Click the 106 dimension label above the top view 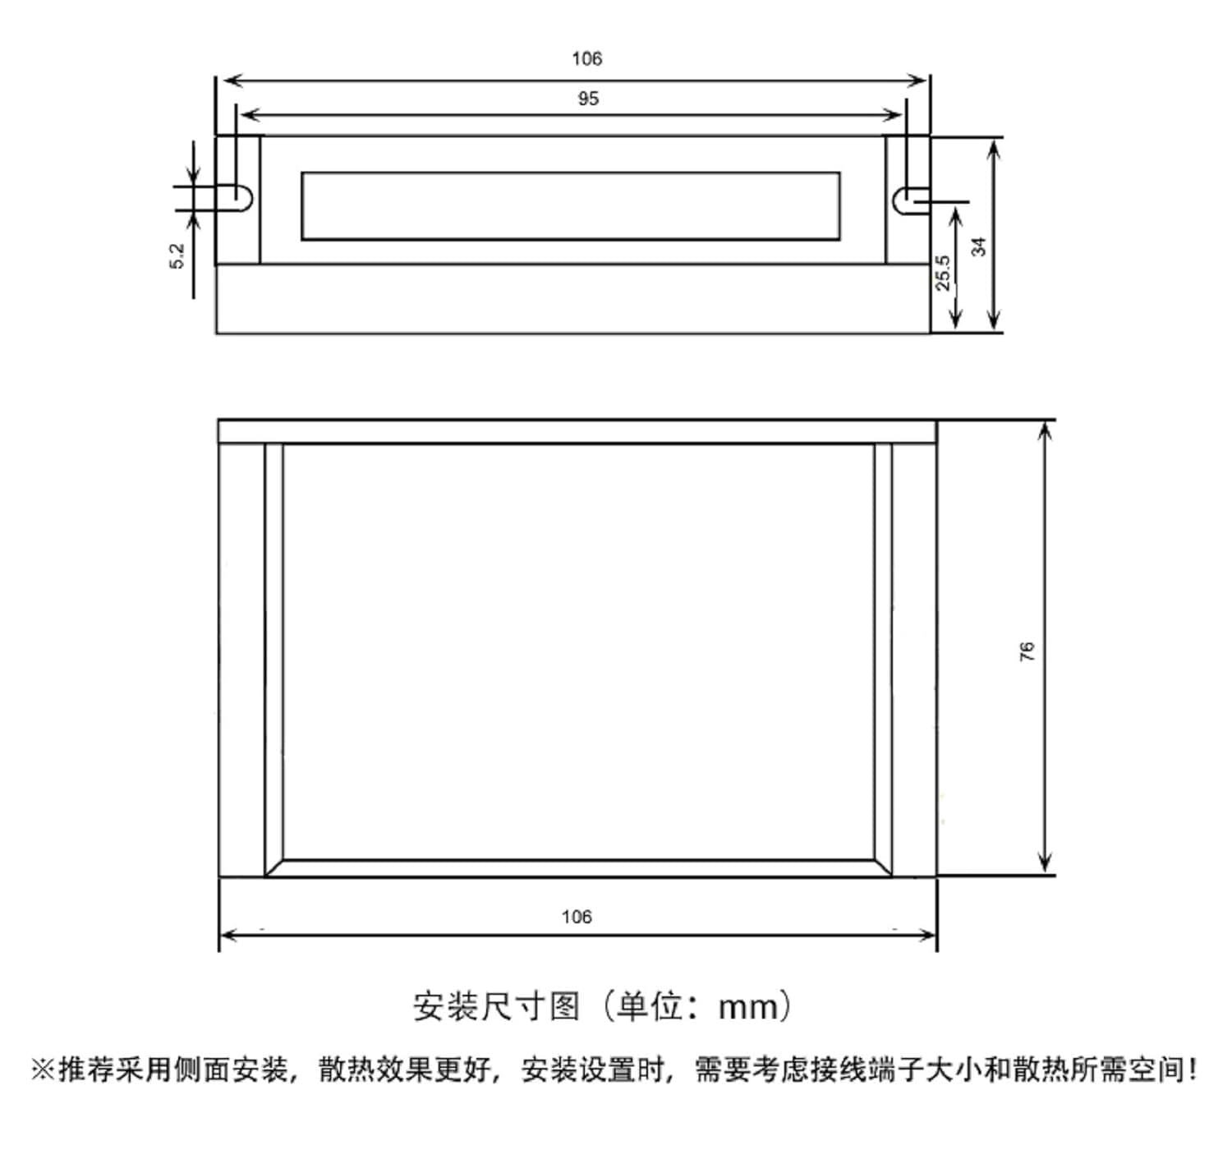(586, 58)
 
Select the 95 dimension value (588, 99)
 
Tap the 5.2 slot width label (177, 255)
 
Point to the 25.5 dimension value (943, 272)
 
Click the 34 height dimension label (979, 246)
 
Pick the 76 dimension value (1027, 651)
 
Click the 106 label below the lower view (577, 917)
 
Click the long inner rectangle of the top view (570, 206)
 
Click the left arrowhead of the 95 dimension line (245, 115)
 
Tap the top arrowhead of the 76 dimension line (1045, 429)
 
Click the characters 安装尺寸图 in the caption (496, 1006)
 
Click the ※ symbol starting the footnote (43, 1070)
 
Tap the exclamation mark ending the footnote (1192, 1070)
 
